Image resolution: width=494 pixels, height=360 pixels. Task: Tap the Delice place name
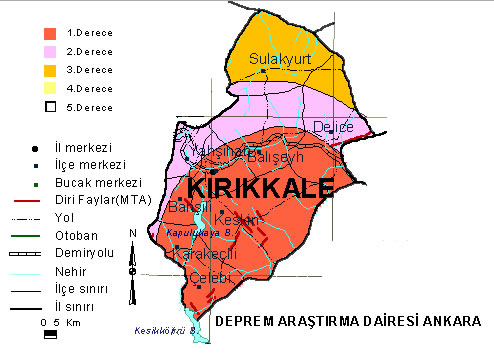click(333, 126)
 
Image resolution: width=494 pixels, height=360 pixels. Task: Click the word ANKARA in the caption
click(453, 321)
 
